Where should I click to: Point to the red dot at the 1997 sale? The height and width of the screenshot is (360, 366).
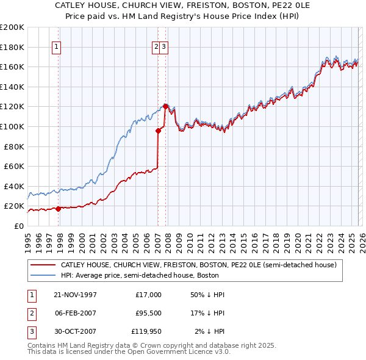[59, 209]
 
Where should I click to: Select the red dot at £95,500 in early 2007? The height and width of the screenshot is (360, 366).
[158, 130]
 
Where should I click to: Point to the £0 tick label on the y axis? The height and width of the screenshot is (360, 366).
[18, 226]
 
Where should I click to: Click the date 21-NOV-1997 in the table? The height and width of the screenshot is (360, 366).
[75, 295]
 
